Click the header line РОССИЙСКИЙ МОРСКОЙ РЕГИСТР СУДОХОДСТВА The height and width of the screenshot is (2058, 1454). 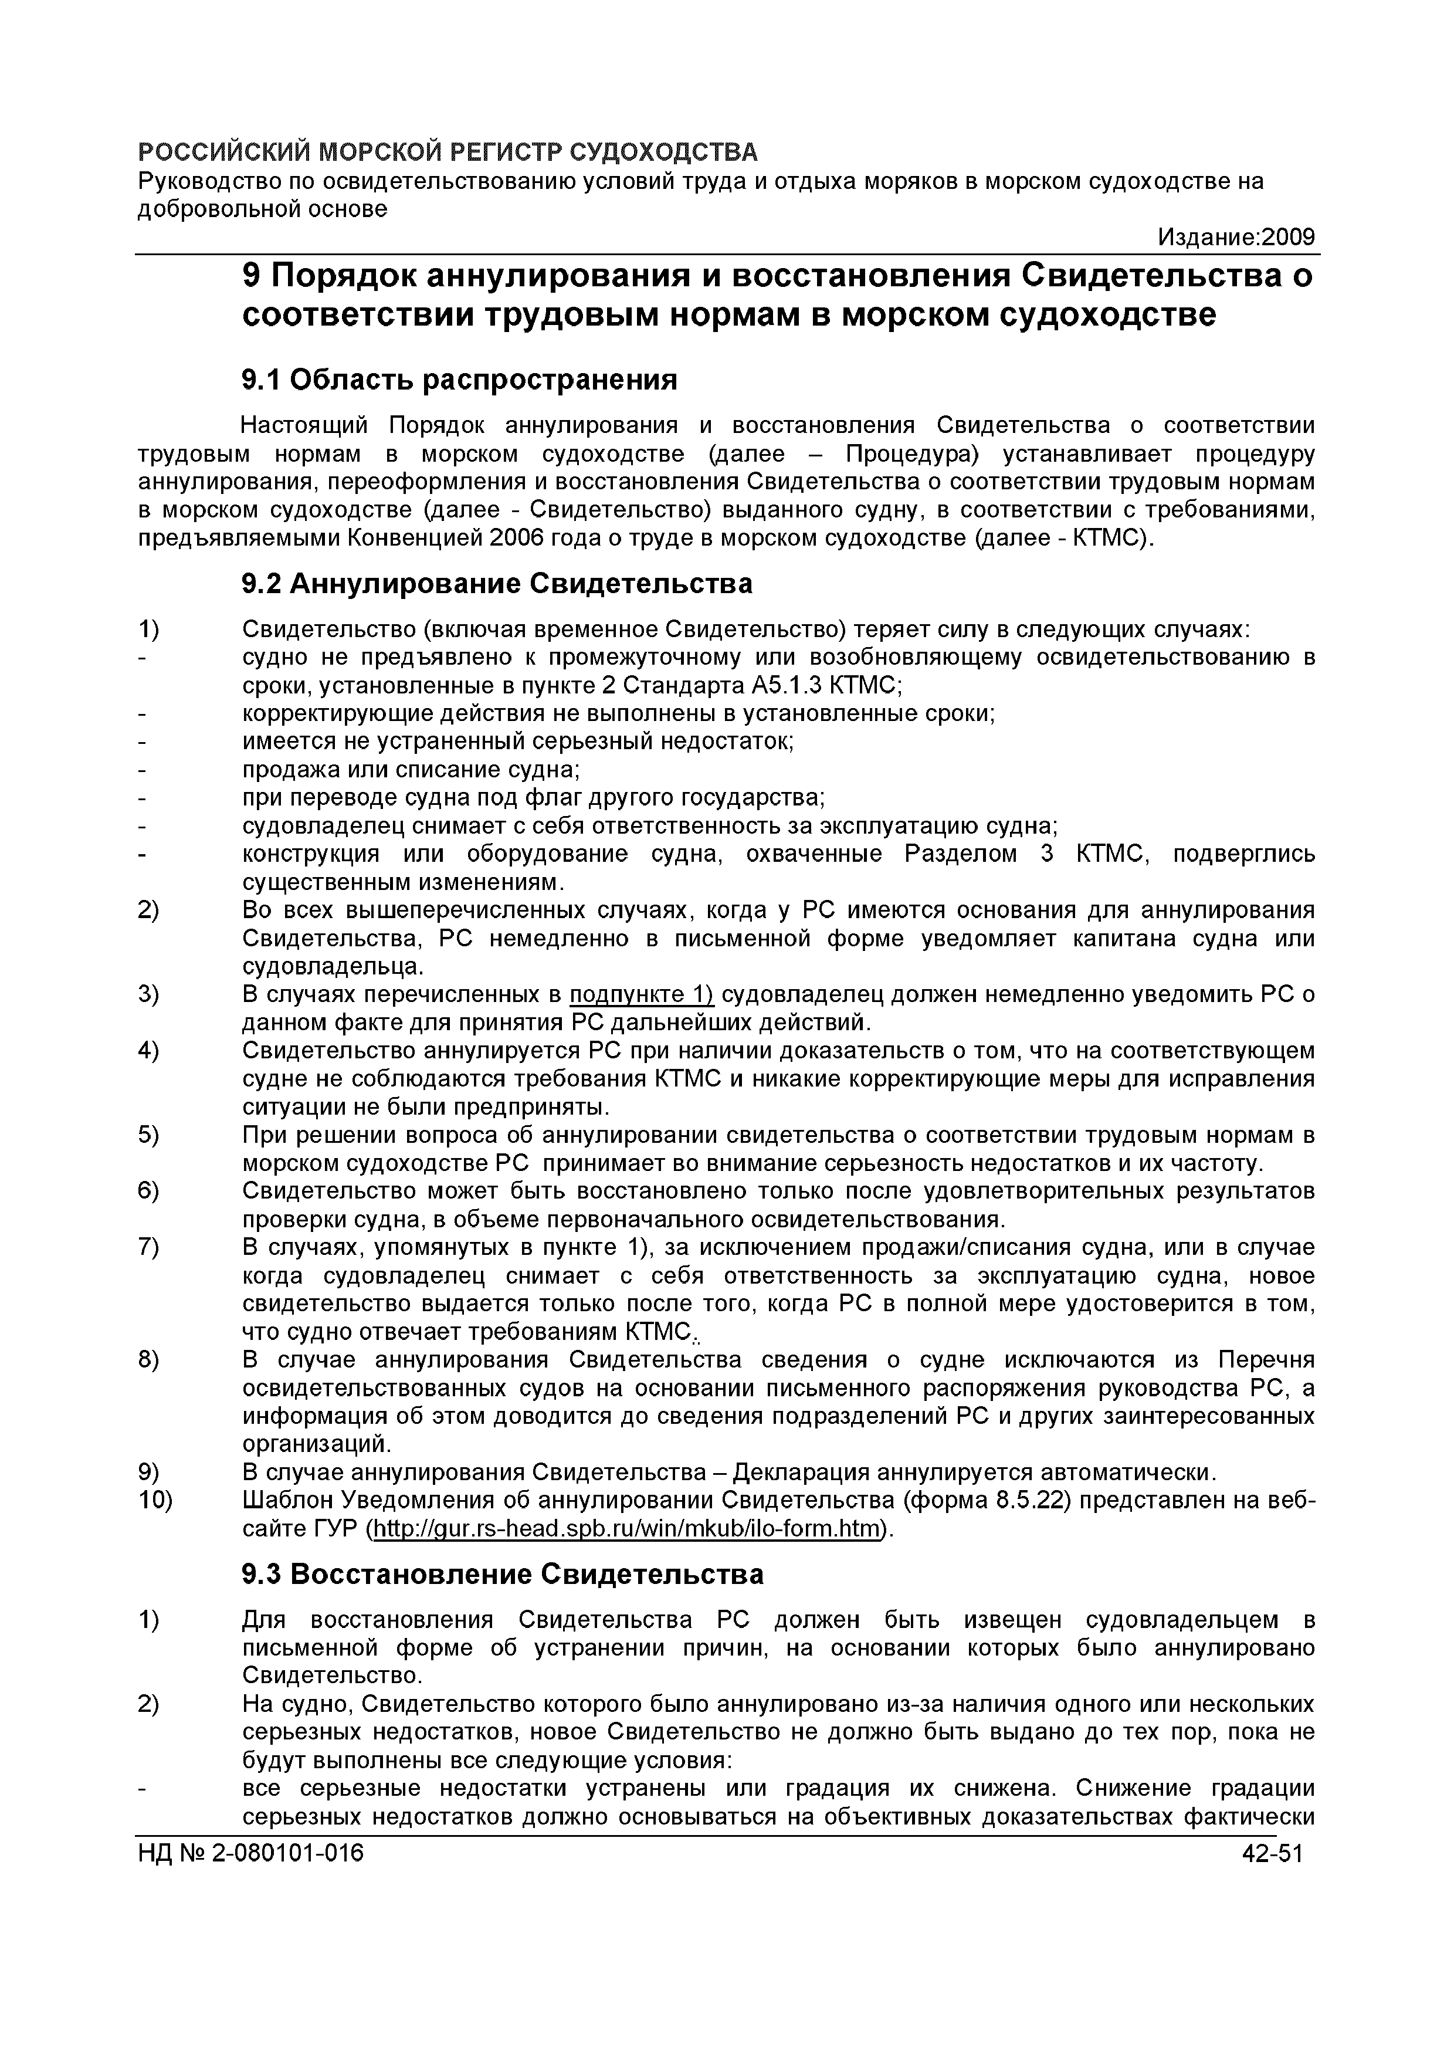[447, 151]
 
